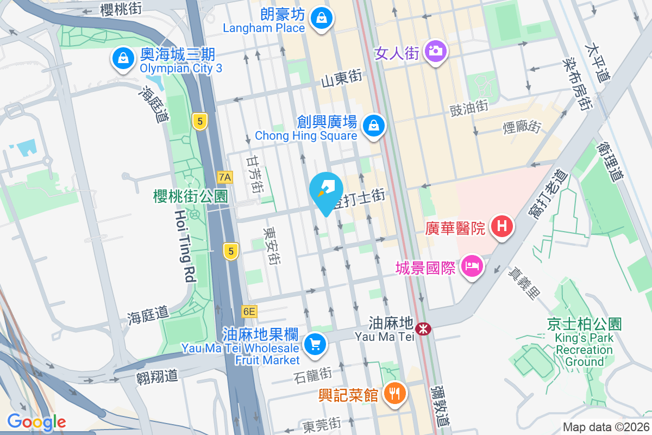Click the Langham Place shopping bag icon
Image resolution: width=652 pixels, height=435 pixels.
pyautogui.click(x=322, y=18)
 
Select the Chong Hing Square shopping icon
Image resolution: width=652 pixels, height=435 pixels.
pyautogui.click(x=374, y=125)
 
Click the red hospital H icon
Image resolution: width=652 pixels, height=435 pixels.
pyautogui.click(x=502, y=226)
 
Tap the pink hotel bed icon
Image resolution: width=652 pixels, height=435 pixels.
pyautogui.click(x=472, y=266)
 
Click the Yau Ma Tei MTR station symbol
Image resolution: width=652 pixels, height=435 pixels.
pyautogui.click(x=423, y=328)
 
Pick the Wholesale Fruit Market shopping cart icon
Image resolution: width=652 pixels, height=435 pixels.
pyautogui.click(x=315, y=344)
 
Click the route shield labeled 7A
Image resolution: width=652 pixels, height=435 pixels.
pyautogui.click(x=224, y=177)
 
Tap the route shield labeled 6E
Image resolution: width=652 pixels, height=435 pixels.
pyautogui.click(x=249, y=312)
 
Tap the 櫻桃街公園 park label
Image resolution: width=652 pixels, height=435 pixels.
pyautogui.click(x=190, y=196)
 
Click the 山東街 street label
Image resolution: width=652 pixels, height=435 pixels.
pyautogui.click(x=342, y=80)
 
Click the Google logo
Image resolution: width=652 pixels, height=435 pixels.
pyautogui.click(x=36, y=422)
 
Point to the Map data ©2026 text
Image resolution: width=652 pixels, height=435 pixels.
pyautogui.click(x=605, y=427)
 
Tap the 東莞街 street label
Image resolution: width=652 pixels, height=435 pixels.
pyautogui.click(x=322, y=424)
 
